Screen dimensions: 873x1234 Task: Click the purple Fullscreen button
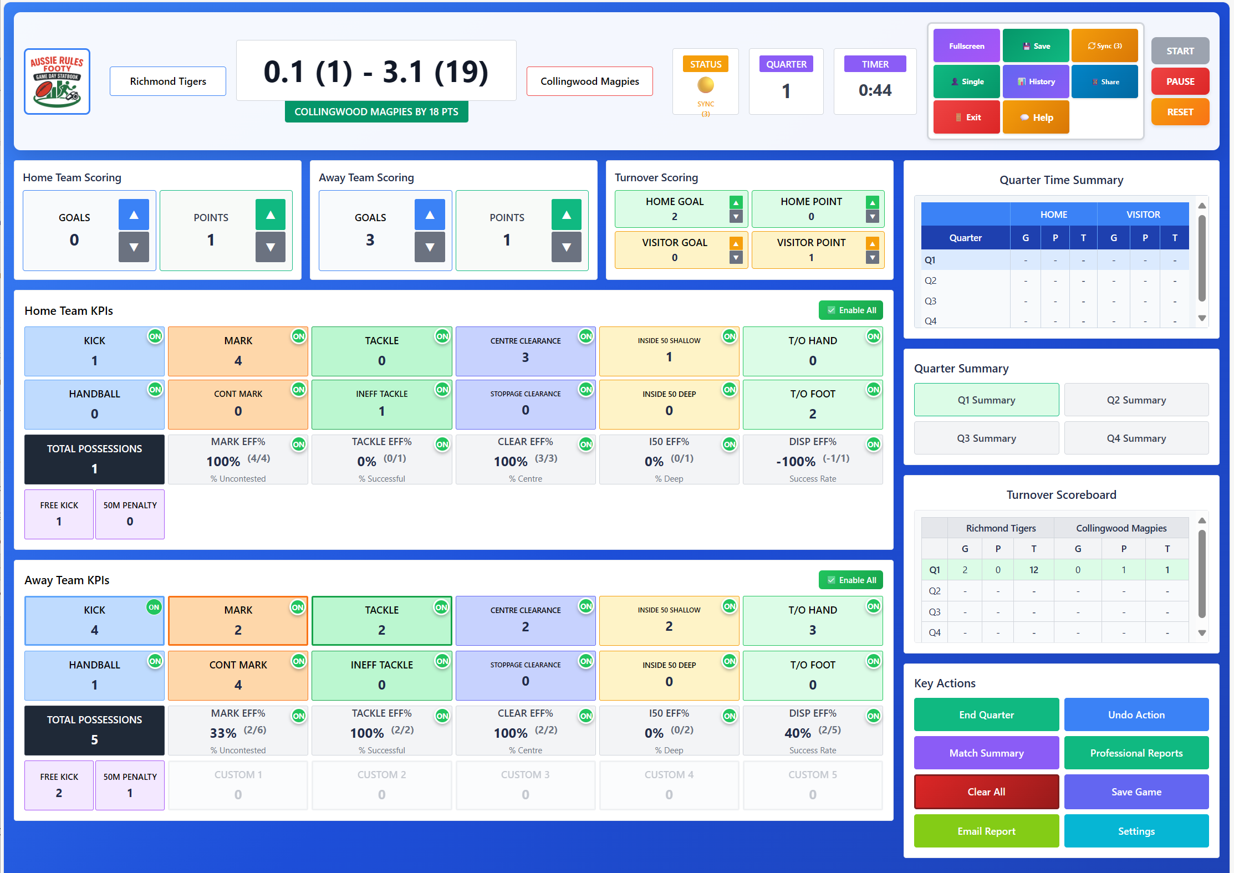tap(966, 46)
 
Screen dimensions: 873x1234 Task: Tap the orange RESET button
tap(1180, 112)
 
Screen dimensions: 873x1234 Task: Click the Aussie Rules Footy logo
tap(57, 81)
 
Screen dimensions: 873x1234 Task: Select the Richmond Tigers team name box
tap(168, 81)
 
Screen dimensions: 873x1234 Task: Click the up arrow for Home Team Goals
tap(134, 215)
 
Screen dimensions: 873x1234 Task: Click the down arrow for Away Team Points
tap(566, 247)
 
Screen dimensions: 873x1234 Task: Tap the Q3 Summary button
tap(986, 438)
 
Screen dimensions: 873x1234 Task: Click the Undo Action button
tap(1136, 714)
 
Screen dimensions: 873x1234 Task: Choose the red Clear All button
tap(986, 792)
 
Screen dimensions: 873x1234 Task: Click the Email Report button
tap(986, 831)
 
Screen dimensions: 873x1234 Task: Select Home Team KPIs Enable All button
tap(851, 310)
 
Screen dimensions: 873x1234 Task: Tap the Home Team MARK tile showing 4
tap(238, 351)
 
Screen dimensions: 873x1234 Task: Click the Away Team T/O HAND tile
tap(812, 621)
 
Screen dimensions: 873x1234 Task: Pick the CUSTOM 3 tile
tap(525, 785)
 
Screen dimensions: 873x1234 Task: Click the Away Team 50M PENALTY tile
tap(130, 785)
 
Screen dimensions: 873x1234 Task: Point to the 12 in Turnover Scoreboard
tap(1033, 570)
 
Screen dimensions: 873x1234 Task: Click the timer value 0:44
tap(875, 90)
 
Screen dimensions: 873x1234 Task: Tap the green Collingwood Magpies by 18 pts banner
tap(376, 112)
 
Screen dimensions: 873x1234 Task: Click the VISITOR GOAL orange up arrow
tap(736, 243)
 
